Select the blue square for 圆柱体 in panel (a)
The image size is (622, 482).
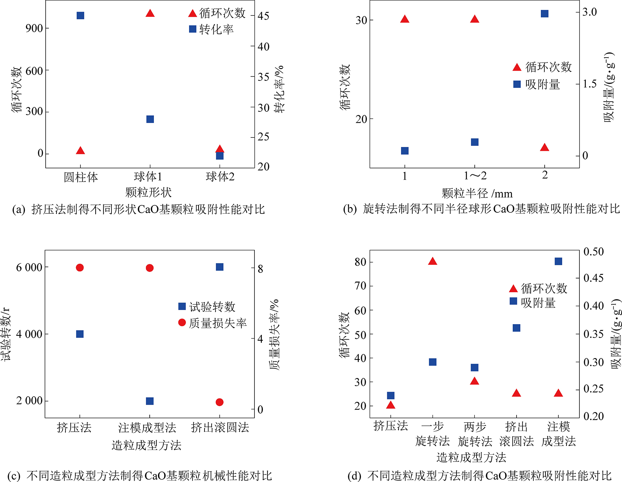pos(80,15)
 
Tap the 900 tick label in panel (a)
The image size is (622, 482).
pos(34,28)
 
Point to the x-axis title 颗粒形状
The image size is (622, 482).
pos(148,192)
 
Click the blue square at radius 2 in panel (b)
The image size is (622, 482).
pos(545,14)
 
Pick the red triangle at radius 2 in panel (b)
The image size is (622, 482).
pos(545,147)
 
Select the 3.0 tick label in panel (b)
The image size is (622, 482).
pos(589,12)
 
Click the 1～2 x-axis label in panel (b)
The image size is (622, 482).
pos(475,175)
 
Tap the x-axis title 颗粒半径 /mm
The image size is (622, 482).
pos(477,193)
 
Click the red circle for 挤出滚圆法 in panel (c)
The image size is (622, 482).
pos(220,402)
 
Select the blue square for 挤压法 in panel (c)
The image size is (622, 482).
pos(80,334)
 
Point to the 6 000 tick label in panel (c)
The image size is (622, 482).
pos(29,268)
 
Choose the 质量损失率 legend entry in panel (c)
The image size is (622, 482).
pos(218,323)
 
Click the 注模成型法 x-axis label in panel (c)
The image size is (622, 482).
pos(147,428)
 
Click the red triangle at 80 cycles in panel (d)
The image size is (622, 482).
pos(433,261)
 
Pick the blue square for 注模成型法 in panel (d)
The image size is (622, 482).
pos(558,261)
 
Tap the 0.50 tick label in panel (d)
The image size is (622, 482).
pos(594,252)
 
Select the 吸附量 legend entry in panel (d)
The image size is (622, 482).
pos(538,303)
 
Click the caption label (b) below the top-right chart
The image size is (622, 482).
pos(350,209)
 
